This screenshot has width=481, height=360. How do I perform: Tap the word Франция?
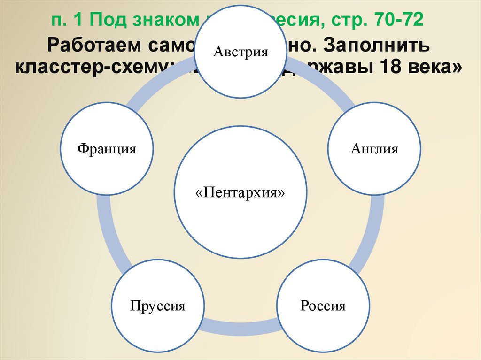pos(107,149)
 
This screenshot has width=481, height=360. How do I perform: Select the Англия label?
pos(374,149)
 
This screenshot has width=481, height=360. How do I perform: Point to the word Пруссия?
pos(158,306)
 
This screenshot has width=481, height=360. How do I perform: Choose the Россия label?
pos(323,306)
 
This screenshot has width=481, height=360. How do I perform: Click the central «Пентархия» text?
pos(240,192)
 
